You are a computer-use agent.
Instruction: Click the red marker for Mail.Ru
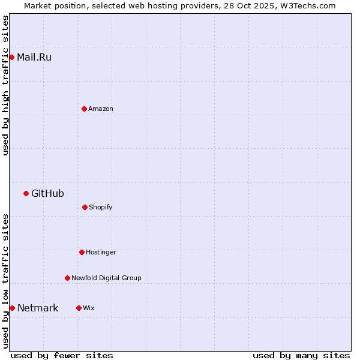tap(11, 58)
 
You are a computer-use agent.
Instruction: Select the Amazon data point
tap(84, 109)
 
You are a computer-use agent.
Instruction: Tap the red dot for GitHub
tap(26, 193)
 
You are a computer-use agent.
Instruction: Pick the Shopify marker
tap(85, 207)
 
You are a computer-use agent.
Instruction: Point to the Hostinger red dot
tap(82, 252)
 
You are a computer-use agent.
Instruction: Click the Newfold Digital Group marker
tap(67, 278)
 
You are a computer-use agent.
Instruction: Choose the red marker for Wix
tap(79, 308)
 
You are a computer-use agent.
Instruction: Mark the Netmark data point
tap(12, 308)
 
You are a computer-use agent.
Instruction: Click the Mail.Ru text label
tap(34, 58)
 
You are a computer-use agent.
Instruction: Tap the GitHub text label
tap(47, 193)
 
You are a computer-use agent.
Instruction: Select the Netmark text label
tap(38, 308)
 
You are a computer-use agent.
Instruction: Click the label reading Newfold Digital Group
tap(106, 278)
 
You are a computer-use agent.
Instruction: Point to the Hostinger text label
tap(101, 252)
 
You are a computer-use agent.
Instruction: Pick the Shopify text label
tap(100, 207)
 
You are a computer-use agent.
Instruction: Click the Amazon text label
tap(100, 109)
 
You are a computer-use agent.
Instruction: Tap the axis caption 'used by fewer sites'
tap(62, 355)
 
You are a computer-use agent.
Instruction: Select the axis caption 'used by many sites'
tap(301, 355)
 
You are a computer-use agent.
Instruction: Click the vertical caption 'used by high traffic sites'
tap(5, 85)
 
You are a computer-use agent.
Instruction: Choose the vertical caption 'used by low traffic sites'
tap(5, 281)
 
